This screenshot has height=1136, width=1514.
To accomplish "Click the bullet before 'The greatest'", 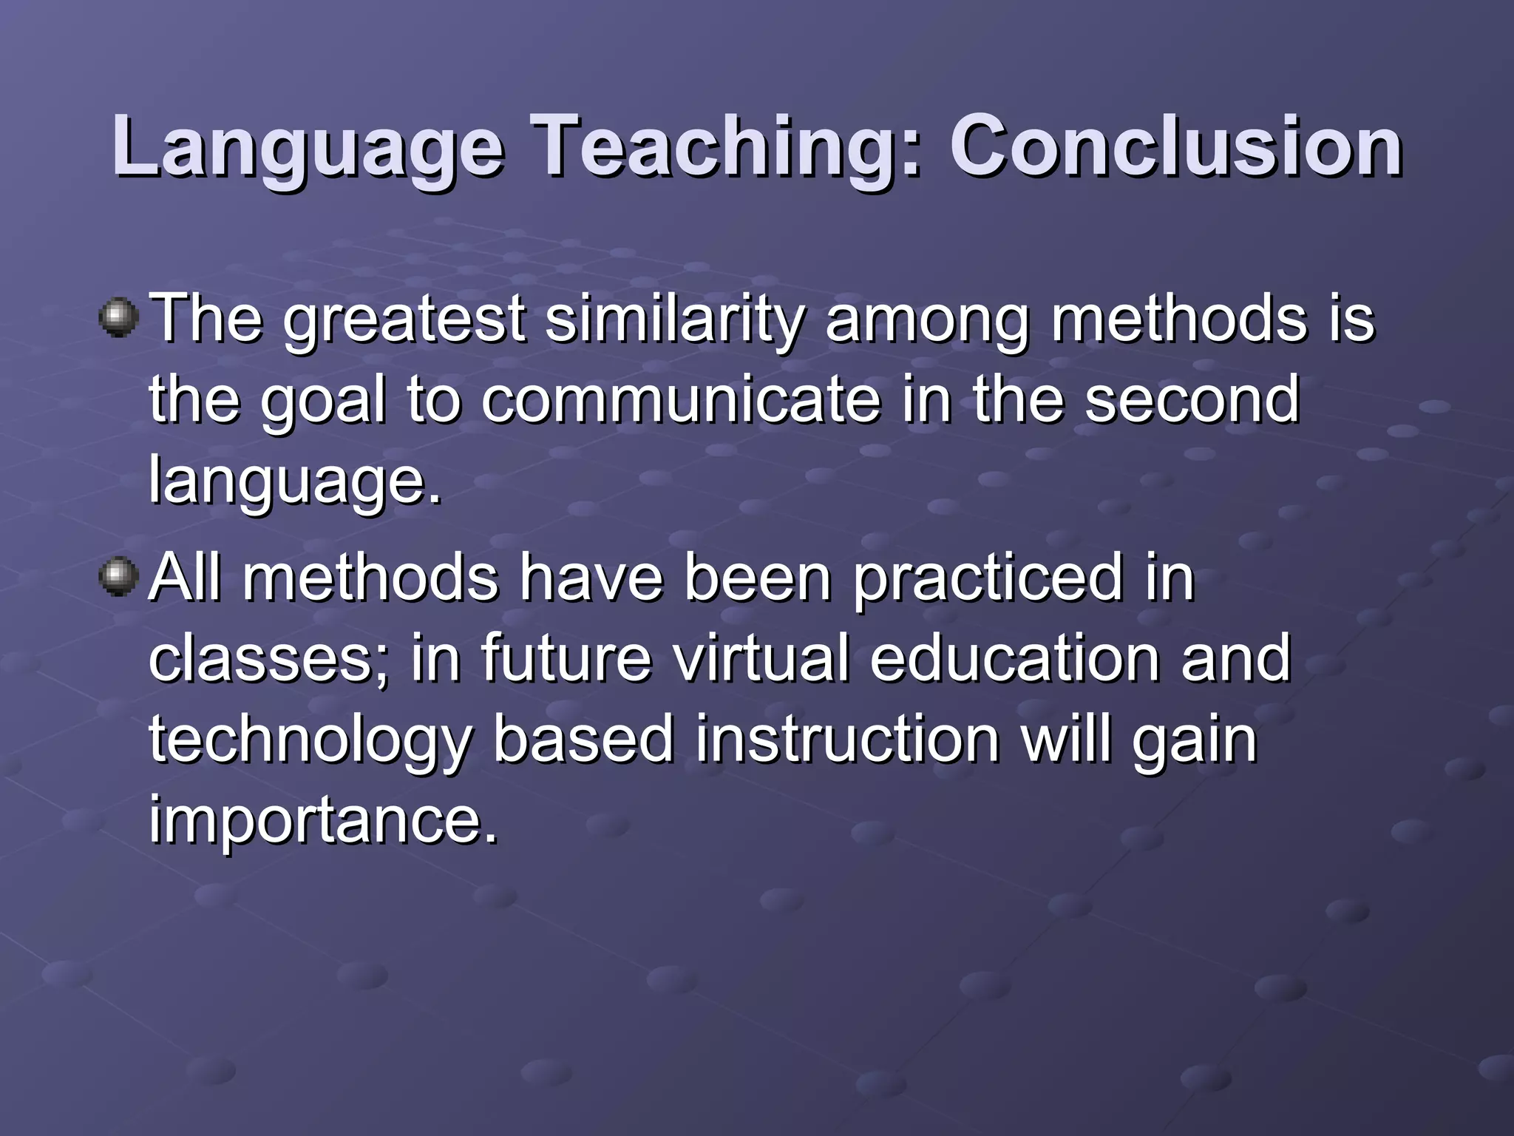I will point(118,319).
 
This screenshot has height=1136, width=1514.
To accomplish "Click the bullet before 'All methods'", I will point(118,577).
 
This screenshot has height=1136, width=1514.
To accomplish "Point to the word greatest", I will point(404,319).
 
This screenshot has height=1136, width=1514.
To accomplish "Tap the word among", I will point(927,319).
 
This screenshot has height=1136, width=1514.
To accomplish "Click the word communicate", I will point(681,399).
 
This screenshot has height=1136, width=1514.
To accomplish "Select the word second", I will point(1192,399).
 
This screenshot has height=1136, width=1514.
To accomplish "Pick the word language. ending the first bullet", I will point(294,481).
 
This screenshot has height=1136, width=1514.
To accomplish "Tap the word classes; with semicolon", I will point(270,658).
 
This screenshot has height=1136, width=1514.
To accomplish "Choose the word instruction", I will point(847,740).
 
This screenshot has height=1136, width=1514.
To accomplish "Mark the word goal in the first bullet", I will point(323,399).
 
